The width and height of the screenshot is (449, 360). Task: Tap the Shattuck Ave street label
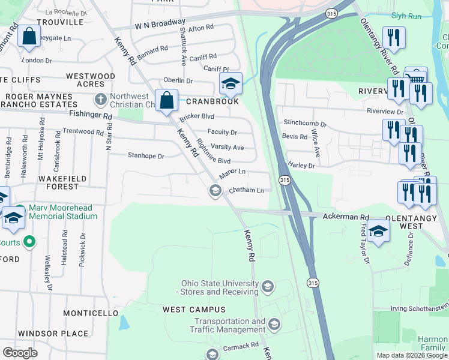point(183,46)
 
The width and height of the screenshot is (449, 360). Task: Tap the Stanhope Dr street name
point(146,156)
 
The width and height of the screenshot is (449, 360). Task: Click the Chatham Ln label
point(247,191)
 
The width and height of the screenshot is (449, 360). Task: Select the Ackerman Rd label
point(345,217)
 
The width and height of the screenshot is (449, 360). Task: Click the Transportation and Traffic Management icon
point(274,325)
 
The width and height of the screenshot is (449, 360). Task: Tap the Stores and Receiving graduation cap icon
point(268,286)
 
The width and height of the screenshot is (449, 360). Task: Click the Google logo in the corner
point(20,352)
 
